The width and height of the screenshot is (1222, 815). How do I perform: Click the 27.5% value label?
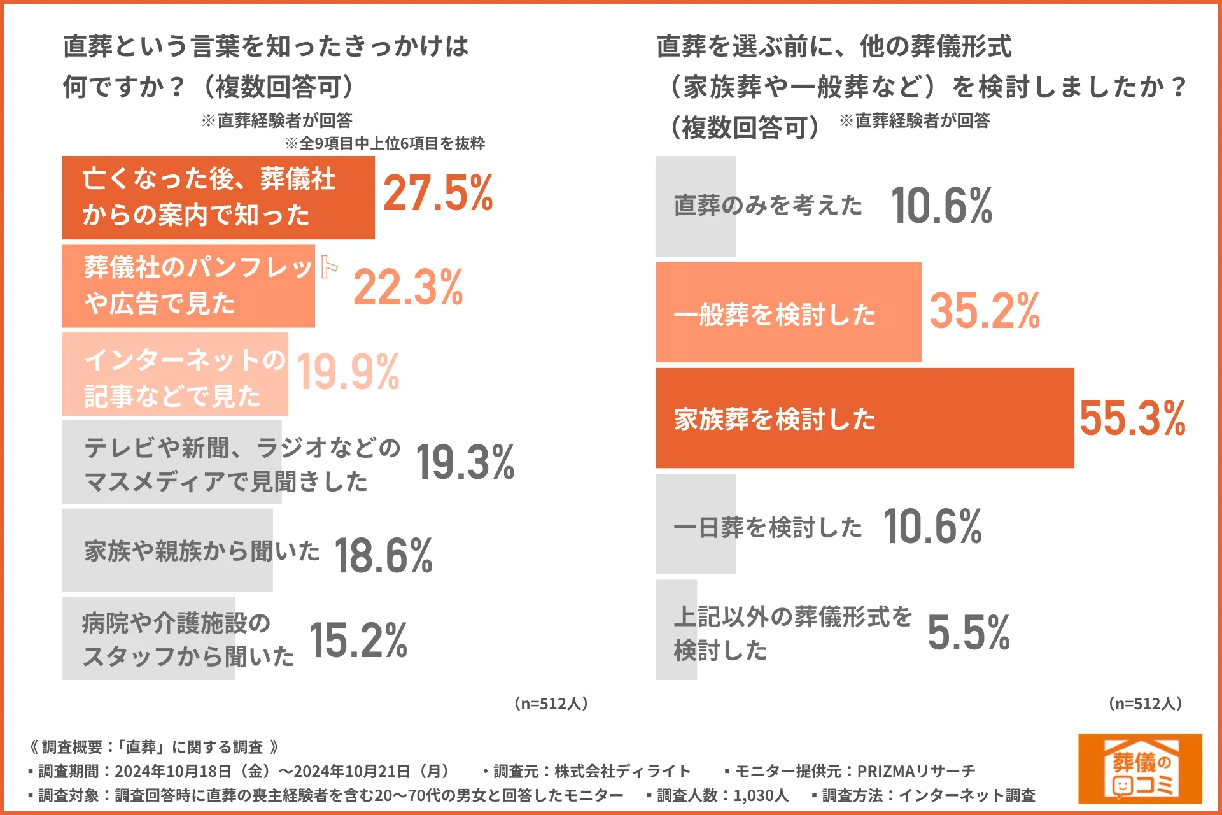438,194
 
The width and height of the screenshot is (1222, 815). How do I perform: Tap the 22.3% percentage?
408,288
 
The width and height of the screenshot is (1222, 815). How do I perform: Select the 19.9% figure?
348,372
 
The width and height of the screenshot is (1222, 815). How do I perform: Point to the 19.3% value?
465,462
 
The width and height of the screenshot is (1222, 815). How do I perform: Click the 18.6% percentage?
383,556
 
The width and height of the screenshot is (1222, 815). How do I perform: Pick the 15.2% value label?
358,641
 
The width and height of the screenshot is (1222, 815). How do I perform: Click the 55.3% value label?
1132,419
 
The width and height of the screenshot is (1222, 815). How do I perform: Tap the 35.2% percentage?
985,311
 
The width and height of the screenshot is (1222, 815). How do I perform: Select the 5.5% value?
969,633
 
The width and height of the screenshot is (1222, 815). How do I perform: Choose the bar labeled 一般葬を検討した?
789,312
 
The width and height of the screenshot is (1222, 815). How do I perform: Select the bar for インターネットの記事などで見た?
175,374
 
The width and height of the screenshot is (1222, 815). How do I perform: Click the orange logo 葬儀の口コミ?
1140,769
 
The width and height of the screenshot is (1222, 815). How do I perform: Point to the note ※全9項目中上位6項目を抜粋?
384,144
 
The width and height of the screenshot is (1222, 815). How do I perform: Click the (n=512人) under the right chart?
1145,704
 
